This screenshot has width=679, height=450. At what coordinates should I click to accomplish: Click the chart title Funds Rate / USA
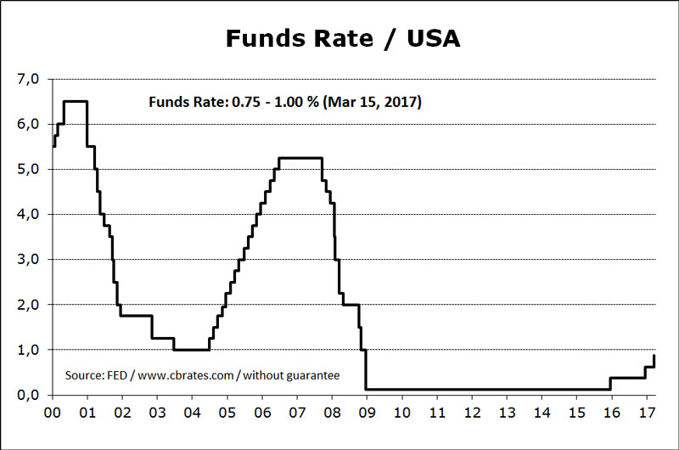click(x=343, y=39)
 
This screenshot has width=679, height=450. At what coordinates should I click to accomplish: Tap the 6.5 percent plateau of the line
click(x=76, y=101)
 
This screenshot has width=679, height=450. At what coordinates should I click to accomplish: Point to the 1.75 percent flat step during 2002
click(x=136, y=316)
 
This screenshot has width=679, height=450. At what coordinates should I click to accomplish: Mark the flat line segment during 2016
click(x=628, y=378)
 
